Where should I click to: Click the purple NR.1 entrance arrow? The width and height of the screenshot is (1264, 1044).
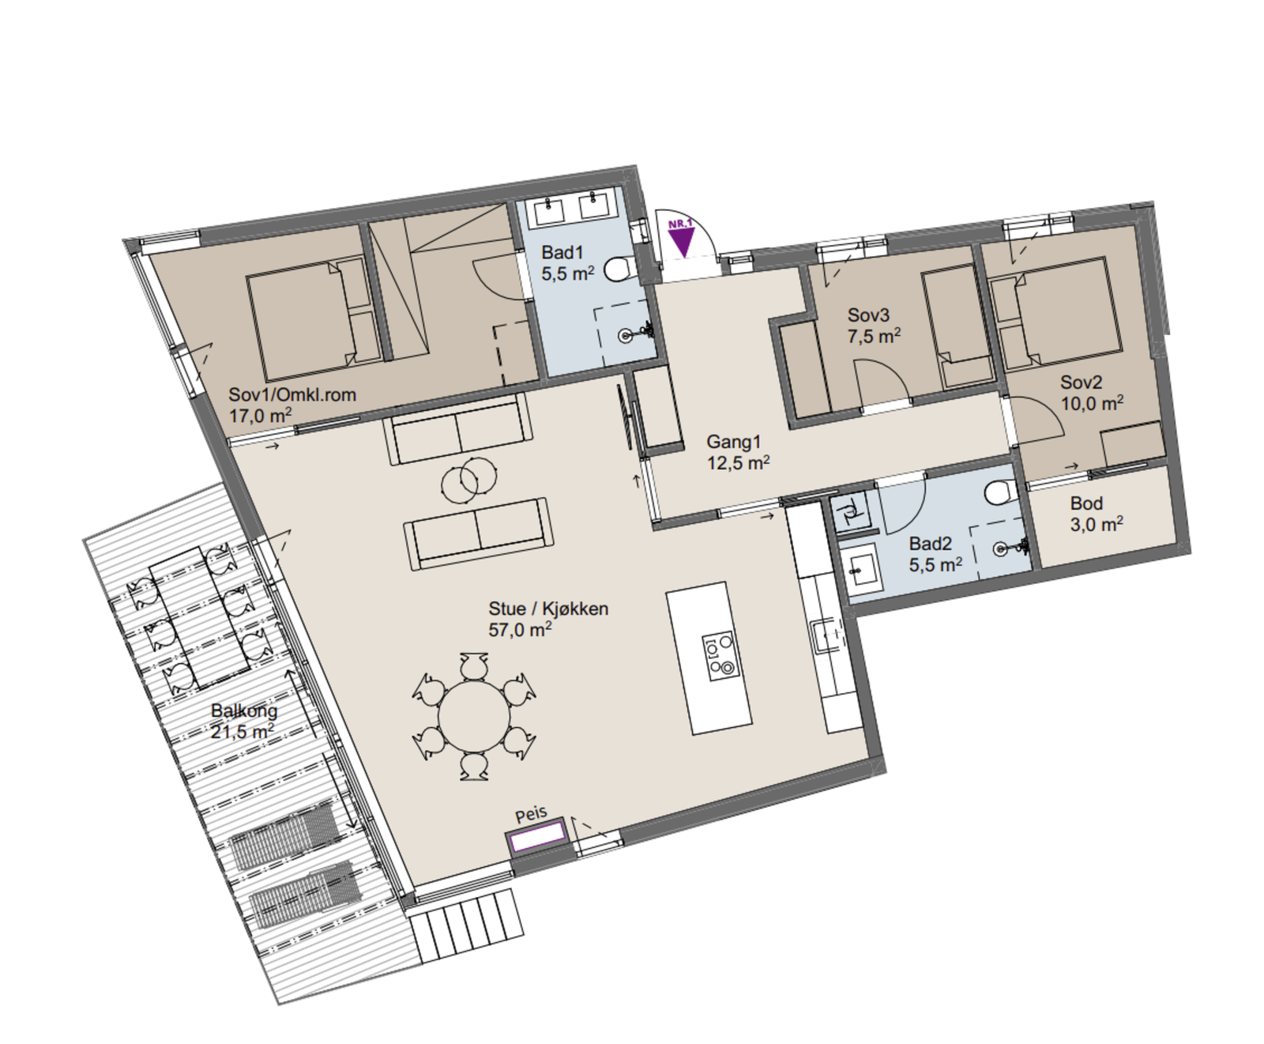point(680,238)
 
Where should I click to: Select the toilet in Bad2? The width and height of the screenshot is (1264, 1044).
point(999,492)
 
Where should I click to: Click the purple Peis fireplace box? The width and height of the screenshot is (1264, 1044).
point(537,836)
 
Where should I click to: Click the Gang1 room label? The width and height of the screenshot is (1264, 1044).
point(733,442)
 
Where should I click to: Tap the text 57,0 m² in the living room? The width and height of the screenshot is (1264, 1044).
point(520,630)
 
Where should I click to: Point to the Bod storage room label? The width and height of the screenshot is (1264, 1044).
point(1086,503)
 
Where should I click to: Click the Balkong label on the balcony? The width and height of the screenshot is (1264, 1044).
point(244,710)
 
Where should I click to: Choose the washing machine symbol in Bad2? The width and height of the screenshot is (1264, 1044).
point(849,511)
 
